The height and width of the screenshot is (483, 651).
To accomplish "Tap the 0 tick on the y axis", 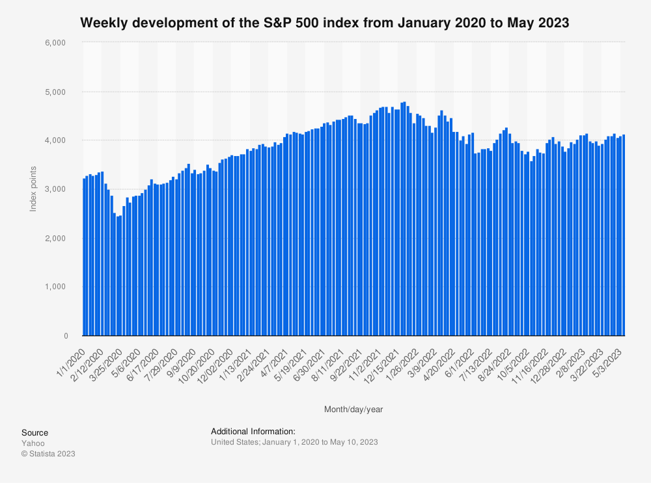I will [x=65, y=335].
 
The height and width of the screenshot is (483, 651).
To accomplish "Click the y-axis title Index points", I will [x=33, y=189].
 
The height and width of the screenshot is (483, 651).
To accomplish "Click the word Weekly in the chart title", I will [x=104, y=23].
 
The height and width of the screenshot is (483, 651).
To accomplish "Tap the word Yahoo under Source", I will [x=33, y=443].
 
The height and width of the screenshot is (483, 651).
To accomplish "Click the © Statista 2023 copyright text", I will [x=48, y=454].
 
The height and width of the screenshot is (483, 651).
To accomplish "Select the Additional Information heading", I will [x=253, y=431].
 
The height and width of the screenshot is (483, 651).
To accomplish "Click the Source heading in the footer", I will [x=35, y=433].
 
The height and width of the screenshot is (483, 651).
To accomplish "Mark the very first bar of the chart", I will [x=84, y=257].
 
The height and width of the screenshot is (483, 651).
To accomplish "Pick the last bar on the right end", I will [x=623, y=235].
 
